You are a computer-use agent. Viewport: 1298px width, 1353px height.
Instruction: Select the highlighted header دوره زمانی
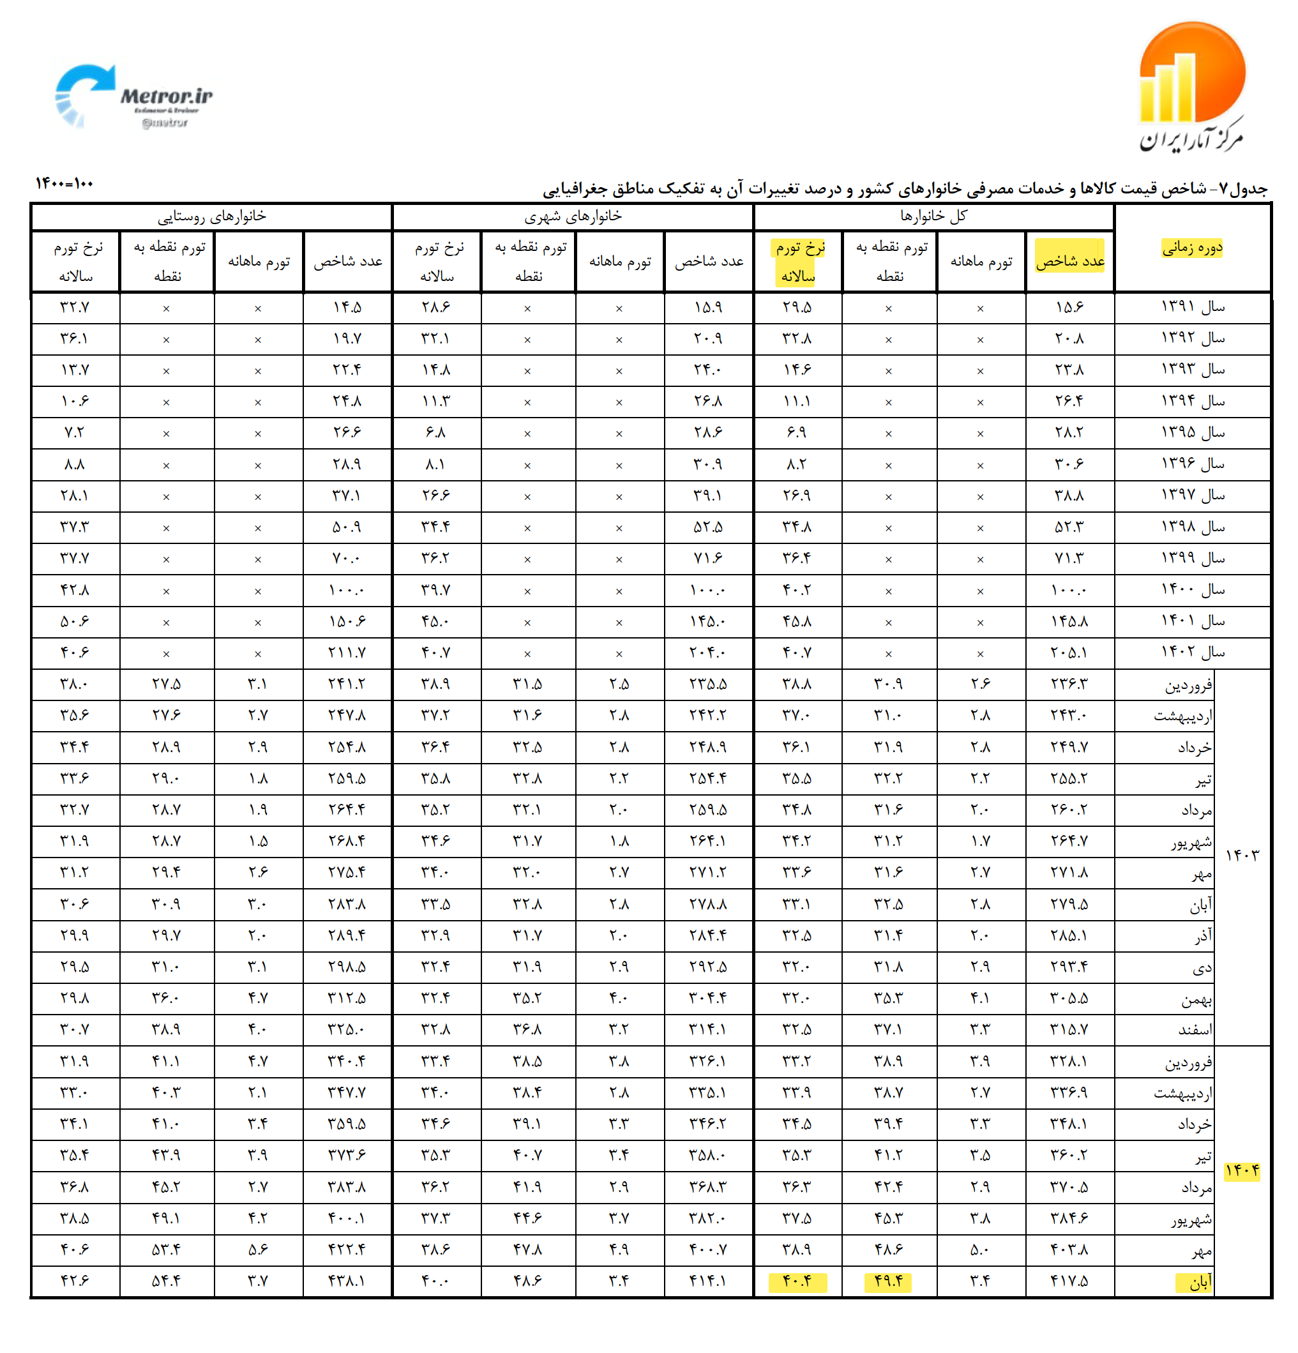1193,248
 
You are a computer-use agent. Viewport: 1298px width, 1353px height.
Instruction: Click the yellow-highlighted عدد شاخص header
1069,261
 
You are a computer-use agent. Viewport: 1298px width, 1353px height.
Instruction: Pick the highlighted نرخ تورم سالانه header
799,262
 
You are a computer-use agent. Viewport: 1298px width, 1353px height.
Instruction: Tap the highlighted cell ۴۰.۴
797,1282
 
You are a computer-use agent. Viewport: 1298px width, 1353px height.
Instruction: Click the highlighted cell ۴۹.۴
888,1282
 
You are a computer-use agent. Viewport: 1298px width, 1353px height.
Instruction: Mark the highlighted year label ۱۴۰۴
1242,1172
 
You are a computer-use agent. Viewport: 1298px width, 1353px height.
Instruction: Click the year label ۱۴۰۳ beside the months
1242,856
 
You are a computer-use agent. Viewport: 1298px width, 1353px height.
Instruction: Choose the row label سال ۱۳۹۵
1193,433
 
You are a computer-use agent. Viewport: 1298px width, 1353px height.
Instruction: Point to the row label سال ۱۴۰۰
1193,590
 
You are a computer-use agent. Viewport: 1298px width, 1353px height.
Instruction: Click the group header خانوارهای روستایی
211,216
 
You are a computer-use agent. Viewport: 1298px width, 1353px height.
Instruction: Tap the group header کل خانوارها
933,216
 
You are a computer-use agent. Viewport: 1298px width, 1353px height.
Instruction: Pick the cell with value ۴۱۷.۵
1069,1282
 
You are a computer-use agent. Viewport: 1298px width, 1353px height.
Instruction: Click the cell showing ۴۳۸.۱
347,1282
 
